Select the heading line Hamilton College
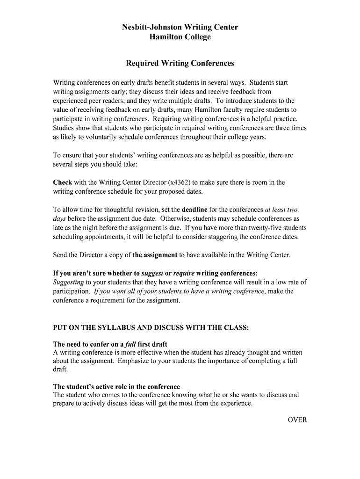tap(180, 37)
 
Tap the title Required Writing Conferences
tap(180, 63)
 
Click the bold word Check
tap(62, 182)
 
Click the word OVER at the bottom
tap(297, 420)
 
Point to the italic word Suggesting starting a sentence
tap(68, 282)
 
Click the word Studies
tap(64, 128)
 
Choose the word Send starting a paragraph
tap(60, 255)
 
